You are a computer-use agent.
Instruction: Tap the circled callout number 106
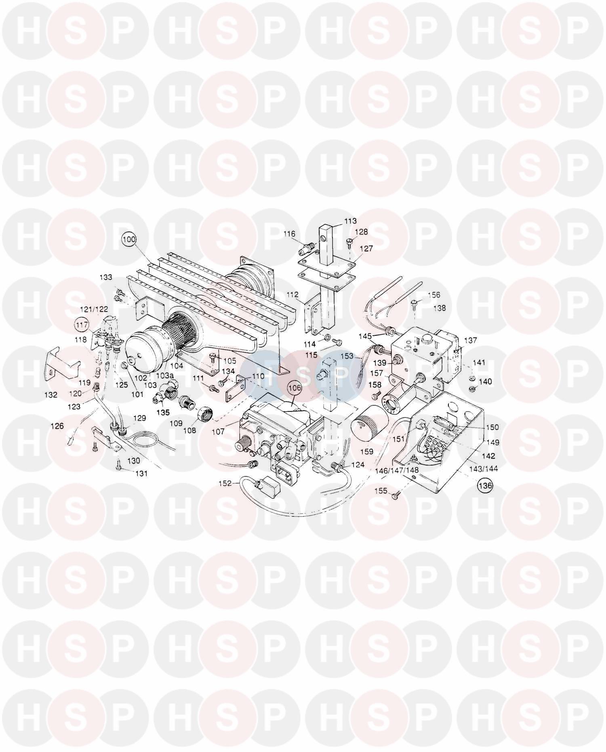click(295, 388)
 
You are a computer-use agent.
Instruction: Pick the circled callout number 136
click(486, 486)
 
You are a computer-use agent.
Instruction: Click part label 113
click(350, 221)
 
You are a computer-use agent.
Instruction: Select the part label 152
click(225, 483)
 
